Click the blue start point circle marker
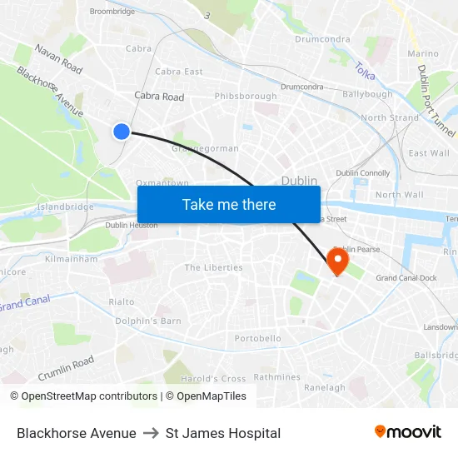point(122,131)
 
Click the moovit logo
point(408,431)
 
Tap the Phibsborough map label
point(246,97)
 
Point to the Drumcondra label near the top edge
point(322,39)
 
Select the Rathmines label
point(276,376)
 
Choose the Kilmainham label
point(72,259)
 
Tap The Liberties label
point(213,267)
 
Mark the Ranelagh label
point(325,387)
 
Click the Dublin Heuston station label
point(132,225)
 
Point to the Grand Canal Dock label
point(406,278)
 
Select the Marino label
point(423,53)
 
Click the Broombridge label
point(112,12)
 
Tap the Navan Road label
point(58,58)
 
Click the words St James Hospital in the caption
point(223,433)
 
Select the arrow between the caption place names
point(151,433)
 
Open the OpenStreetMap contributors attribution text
point(89,396)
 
